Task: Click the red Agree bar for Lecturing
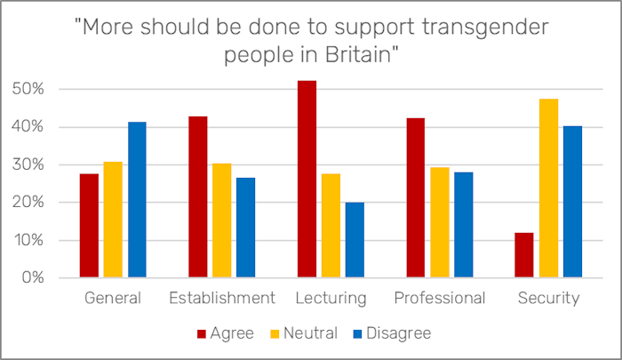307,179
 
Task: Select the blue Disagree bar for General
137,200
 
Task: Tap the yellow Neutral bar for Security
548,188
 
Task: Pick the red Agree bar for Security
524,255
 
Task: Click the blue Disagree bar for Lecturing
355,240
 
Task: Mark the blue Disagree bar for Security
572,202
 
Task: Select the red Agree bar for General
89,226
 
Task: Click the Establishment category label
221,298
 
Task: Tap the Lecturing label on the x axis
331,298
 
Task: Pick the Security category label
548,298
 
